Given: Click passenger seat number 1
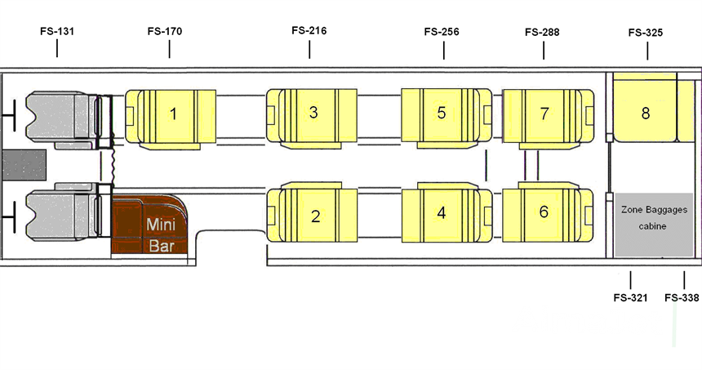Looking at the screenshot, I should click(171, 114).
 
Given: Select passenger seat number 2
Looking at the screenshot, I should click(314, 216).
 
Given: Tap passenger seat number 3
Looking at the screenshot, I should click(313, 113).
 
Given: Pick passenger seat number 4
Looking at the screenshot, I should click(442, 213).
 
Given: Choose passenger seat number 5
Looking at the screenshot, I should click(442, 113).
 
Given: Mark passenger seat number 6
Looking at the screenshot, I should click(544, 212).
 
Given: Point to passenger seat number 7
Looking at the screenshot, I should click(544, 114).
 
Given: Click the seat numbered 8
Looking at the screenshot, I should click(645, 113).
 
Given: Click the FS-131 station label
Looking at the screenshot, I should click(57, 32).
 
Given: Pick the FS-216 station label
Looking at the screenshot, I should click(309, 30).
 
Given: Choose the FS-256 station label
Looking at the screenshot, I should click(442, 32).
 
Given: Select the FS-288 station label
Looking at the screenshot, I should click(543, 32).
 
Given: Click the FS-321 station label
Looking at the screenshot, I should click(630, 297).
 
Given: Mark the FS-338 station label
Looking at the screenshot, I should click(682, 297).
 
